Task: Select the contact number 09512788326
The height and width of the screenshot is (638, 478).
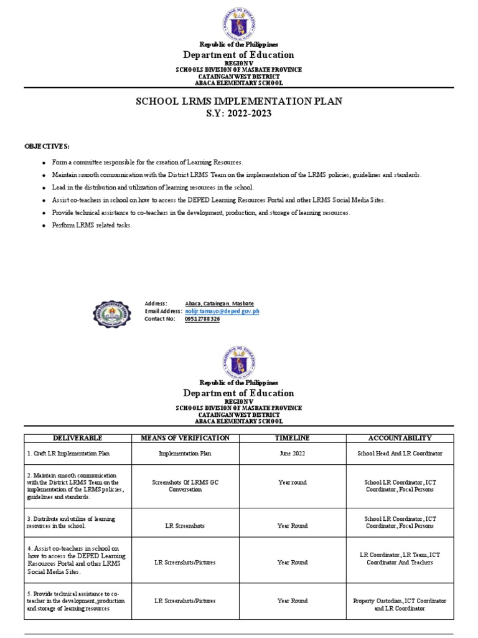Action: tap(202, 318)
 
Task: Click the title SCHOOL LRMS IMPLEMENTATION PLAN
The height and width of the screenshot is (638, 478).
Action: tap(238, 101)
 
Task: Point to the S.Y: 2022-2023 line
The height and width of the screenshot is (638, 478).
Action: tap(238, 114)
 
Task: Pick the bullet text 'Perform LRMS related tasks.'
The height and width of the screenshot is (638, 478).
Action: tap(92, 225)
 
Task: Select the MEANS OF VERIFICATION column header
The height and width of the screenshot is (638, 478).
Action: tap(187, 438)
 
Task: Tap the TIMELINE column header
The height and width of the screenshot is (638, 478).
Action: tap(293, 438)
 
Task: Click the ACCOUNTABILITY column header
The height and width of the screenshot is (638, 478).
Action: tap(400, 438)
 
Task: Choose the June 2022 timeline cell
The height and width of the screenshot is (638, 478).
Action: tap(293, 453)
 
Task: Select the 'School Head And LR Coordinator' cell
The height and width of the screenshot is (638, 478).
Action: tap(400, 453)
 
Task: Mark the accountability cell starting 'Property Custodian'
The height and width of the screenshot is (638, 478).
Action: tap(400, 604)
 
